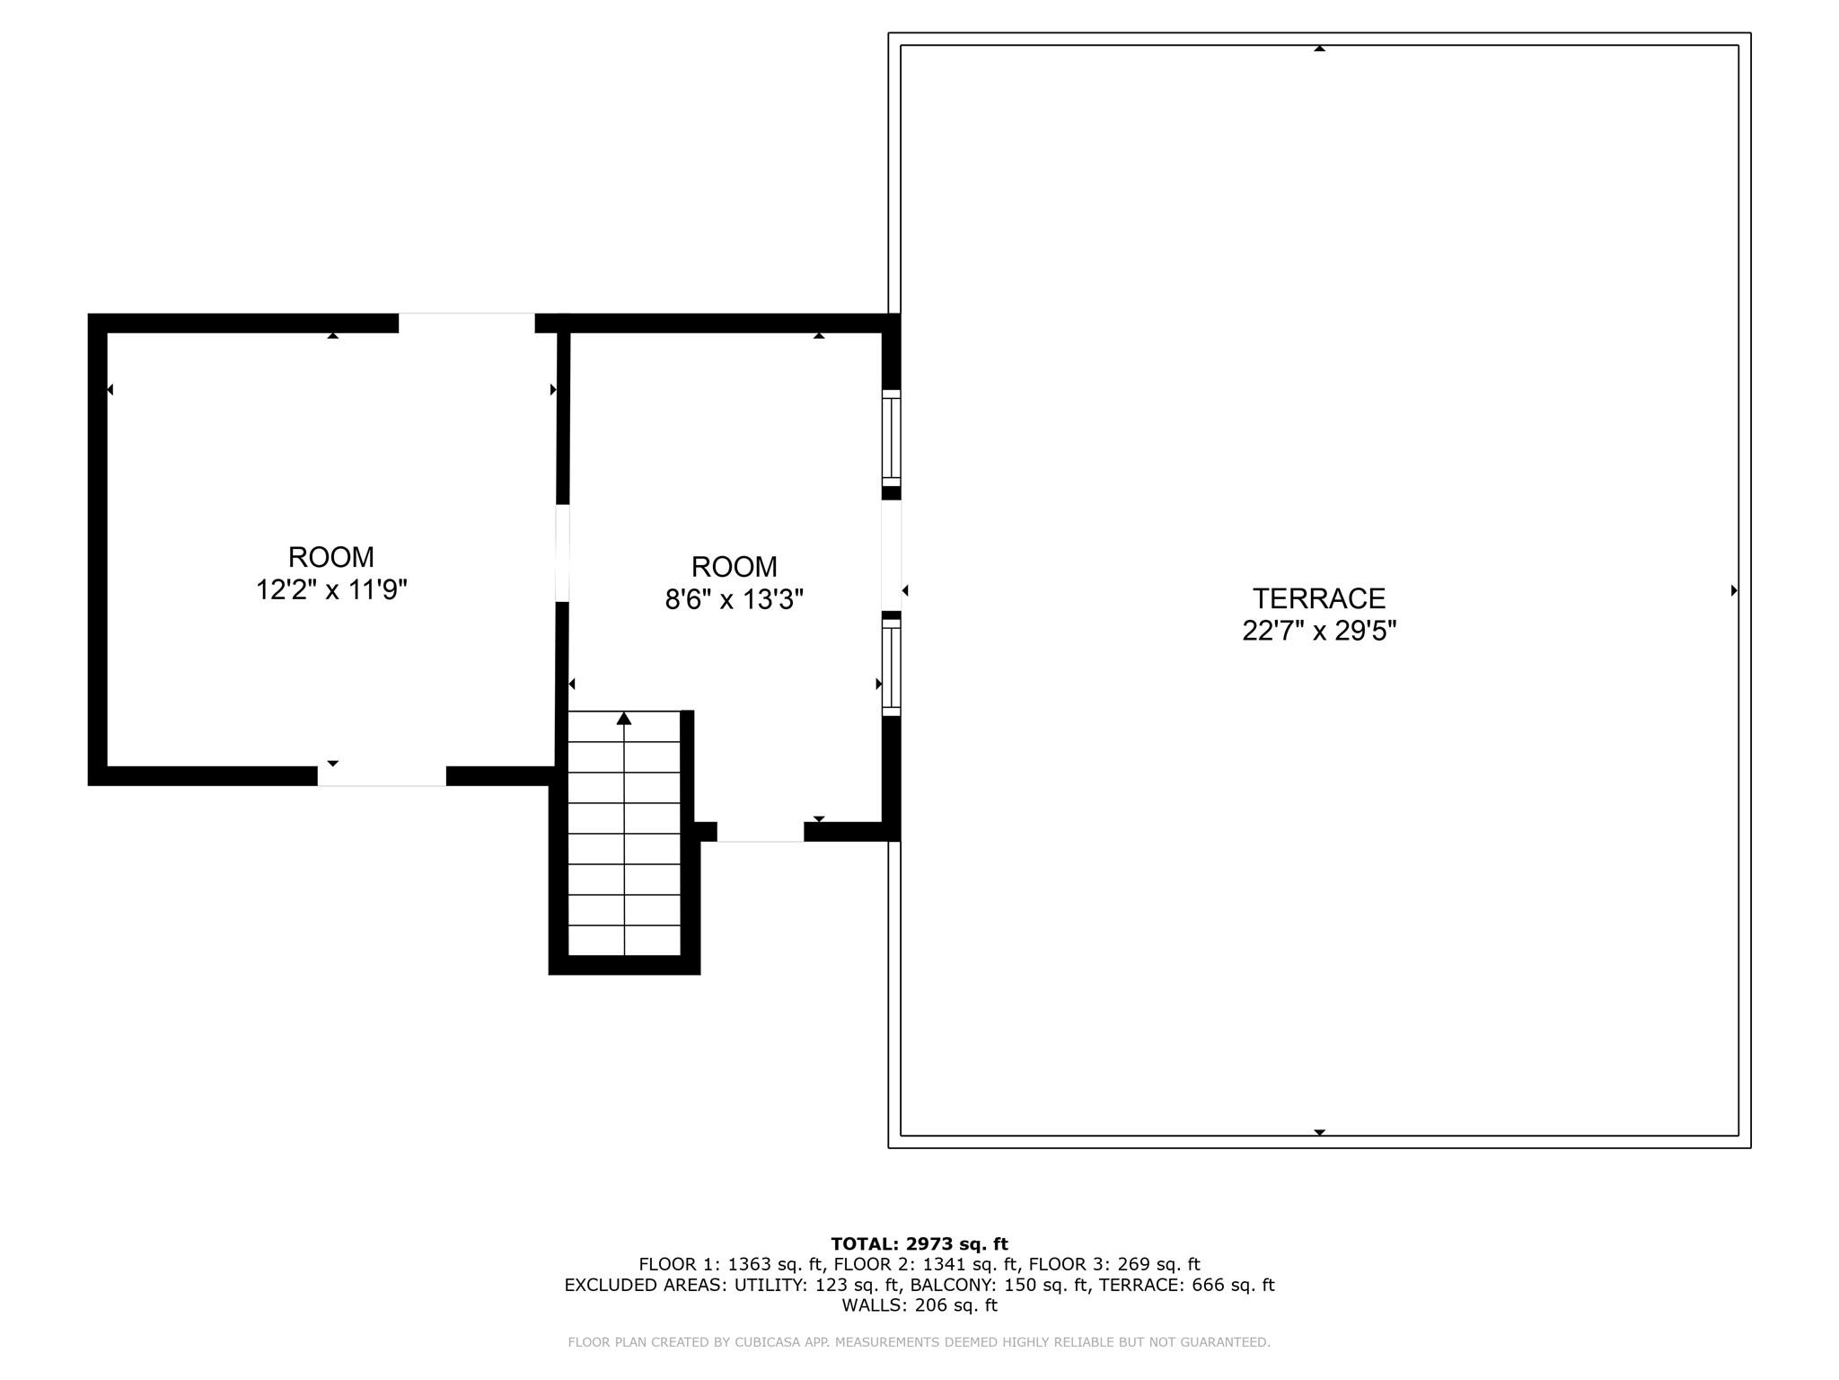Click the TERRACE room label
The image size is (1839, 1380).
click(1318, 598)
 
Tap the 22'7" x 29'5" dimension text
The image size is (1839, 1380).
click(1318, 631)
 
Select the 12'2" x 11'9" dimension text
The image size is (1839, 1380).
click(331, 590)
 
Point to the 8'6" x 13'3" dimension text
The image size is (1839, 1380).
click(734, 599)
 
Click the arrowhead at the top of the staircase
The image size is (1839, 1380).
click(624, 718)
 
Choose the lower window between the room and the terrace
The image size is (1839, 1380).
click(891, 668)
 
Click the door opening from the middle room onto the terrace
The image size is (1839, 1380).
click(891, 554)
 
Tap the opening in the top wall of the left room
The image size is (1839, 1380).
click(466, 323)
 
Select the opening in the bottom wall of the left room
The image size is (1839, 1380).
click(382, 776)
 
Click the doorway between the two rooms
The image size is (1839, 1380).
click(562, 553)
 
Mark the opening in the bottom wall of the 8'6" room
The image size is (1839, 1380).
click(760, 832)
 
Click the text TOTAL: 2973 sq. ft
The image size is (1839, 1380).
click(919, 1244)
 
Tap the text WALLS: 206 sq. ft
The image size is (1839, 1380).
click(919, 1305)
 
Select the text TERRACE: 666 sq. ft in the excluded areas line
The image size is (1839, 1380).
click(1186, 1285)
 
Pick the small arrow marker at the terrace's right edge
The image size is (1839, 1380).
click(1733, 590)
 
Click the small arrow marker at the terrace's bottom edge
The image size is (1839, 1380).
click(1319, 1132)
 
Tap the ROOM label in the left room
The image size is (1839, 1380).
click(331, 557)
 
